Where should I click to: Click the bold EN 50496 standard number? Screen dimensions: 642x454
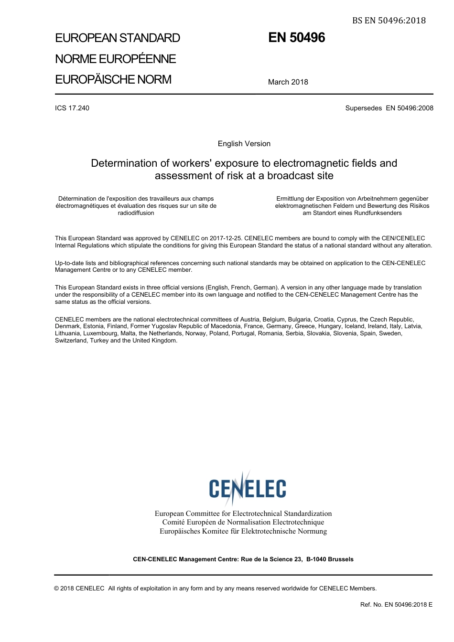tap(296, 38)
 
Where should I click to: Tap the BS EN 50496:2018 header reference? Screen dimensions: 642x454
tap(389, 21)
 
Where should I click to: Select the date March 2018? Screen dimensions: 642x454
tap(288, 82)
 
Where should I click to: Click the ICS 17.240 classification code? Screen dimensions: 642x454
tap(72, 108)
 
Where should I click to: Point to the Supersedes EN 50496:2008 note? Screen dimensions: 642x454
tap(389, 108)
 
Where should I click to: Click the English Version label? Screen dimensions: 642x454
tap(244, 144)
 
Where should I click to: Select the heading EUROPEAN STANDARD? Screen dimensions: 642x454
tap(118, 38)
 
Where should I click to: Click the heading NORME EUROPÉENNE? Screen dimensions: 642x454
tap(116, 59)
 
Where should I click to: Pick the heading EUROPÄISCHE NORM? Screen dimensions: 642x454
tap(113, 79)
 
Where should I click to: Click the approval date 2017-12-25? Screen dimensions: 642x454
tap(226, 238)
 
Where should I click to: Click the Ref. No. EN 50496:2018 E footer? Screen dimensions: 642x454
tap(396, 605)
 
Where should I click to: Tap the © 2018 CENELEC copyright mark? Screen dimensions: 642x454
tap(79, 588)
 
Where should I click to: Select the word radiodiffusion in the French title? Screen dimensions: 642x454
tap(136, 213)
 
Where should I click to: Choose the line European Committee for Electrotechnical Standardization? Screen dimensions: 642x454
tap(243, 514)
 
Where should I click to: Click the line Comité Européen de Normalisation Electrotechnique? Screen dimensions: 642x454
tap(243, 522)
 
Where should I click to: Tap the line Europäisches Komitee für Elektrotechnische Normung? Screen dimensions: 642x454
tap(243, 531)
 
